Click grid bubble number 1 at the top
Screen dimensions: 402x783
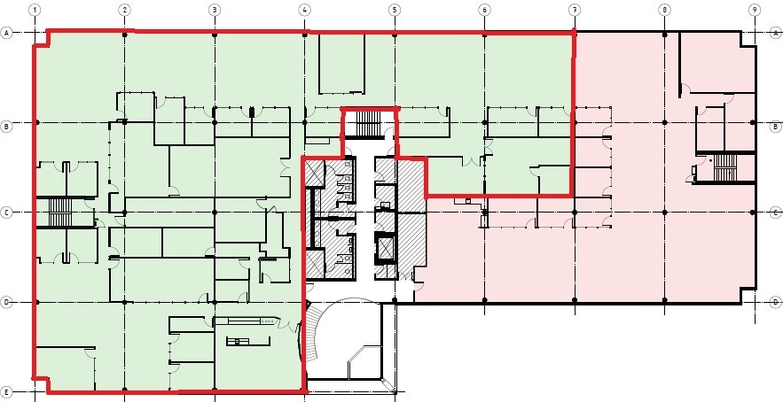point(35,10)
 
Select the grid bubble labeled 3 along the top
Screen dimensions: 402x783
point(215,10)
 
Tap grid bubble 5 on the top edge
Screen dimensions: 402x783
point(395,10)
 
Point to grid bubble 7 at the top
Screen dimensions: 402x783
point(575,10)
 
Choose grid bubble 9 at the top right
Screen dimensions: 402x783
point(753,10)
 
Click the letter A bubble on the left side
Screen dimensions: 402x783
point(7,33)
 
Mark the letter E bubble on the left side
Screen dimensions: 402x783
point(7,391)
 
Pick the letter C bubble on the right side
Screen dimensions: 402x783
point(775,213)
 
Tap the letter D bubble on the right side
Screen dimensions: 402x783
point(775,302)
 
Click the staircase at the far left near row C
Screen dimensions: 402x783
point(59,213)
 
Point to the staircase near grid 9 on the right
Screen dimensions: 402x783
point(725,166)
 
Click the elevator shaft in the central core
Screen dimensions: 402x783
point(386,248)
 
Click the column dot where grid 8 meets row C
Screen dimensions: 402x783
point(664,213)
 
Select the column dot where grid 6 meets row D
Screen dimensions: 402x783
point(484,302)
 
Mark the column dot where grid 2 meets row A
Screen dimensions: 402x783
point(125,34)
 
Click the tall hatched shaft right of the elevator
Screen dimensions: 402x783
point(411,217)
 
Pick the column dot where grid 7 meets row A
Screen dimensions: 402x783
point(575,34)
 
